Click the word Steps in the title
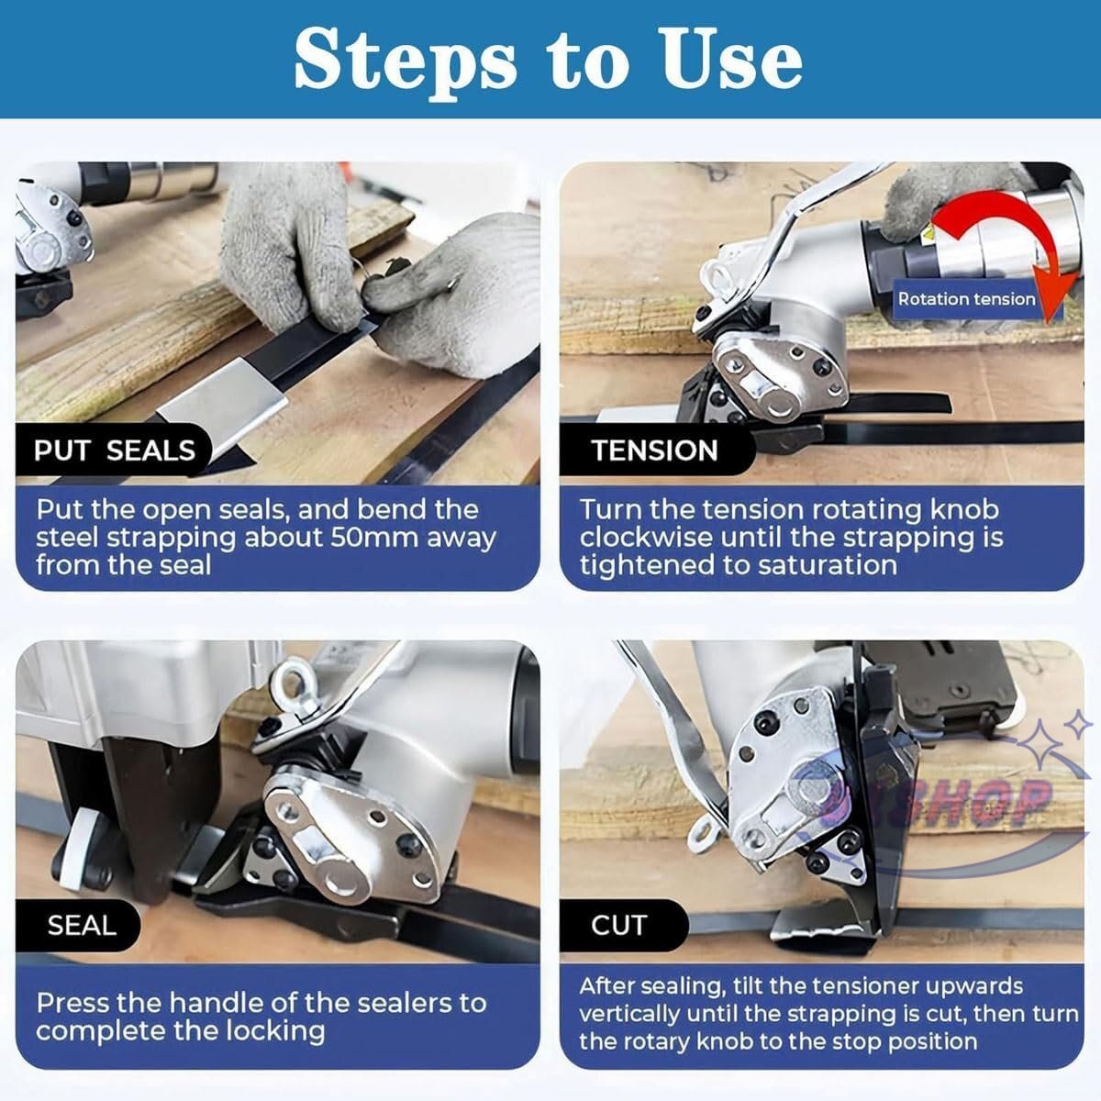(406, 61)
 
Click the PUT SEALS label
(115, 450)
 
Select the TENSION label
(654, 450)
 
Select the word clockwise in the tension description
(646, 538)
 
